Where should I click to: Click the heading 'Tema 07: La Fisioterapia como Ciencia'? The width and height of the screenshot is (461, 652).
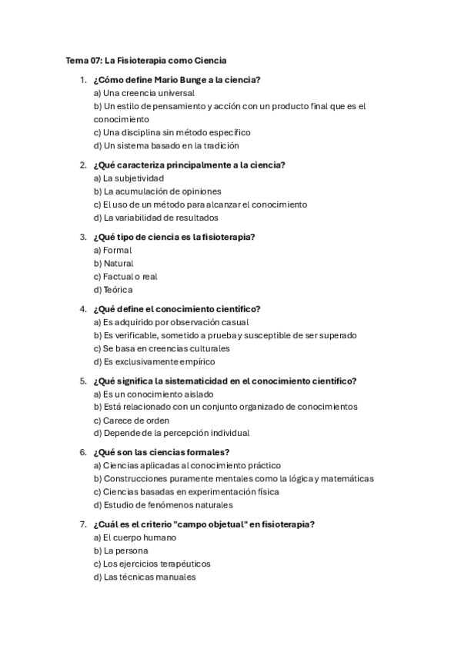pyautogui.click(x=145, y=60)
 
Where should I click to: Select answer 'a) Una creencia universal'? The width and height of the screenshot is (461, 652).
pyautogui.click(x=143, y=93)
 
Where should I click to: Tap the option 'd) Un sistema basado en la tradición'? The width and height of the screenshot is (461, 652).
pyautogui.click(x=166, y=145)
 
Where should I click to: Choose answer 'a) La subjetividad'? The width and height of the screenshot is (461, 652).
pyautogui.click(x=129, y=178)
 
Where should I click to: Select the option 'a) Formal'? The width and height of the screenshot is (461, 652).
pyautogui.click(x=112, y=250)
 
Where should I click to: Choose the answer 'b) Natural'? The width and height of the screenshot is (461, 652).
pyautogui.click(x=113, y=263)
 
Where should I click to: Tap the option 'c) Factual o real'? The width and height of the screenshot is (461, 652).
pyautogui.click(x=125, y=276)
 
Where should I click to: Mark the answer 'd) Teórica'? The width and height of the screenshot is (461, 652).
pyautogui.click(x=113, y=290)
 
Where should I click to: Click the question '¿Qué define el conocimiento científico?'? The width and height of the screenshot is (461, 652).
pyautogui.click(x=176, y=309)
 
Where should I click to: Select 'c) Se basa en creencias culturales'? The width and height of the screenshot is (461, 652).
pyautogui.click(x=161, y=348)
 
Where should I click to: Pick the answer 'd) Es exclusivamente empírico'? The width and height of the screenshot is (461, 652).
pyautogui.click(x=154, y=361)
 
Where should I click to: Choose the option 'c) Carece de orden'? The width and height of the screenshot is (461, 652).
pyautogui.click(x=131, y=421)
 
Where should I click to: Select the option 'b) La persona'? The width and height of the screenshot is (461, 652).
pyautogui.click(x=121, y=551)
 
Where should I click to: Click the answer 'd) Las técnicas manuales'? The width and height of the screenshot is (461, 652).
pyautogui.click(x=145, y=577)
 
